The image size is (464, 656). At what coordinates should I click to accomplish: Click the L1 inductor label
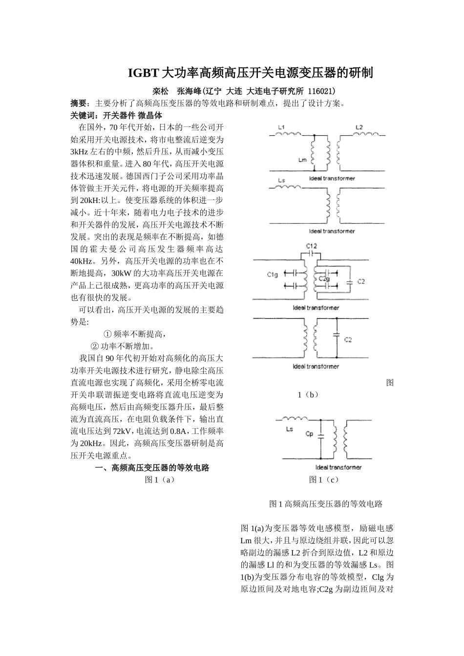tap(281, 128)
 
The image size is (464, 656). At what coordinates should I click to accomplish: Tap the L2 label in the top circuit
tap(359, 128)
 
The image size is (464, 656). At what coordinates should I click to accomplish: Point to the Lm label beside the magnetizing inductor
tap(302, 160)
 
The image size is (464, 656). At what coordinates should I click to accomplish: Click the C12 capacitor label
tap(312, 246)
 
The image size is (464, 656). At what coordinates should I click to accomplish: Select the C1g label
tap(272, 275)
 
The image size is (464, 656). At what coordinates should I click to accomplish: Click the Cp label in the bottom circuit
tap(309, 433)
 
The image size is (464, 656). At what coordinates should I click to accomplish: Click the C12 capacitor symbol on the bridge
tap(312, 254)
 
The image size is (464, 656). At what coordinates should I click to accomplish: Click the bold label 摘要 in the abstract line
tap(79, 103)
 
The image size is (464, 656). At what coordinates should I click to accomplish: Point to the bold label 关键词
tap(82, 115)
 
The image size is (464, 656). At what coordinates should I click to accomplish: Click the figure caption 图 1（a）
tap(160, 480)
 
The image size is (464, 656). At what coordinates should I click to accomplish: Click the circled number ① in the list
tap(107, 334)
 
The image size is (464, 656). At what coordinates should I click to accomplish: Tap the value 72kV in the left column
tap(122, 431)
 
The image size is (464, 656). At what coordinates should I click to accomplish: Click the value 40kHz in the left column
tap(81, 261)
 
